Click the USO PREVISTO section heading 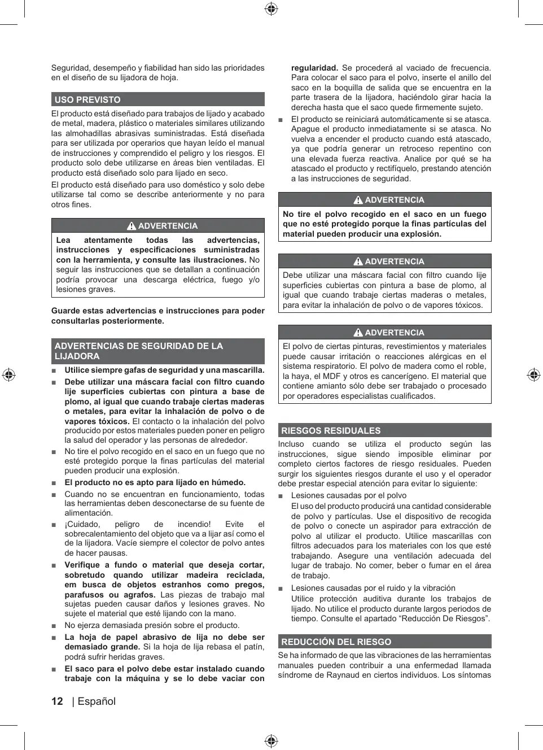[x=87, y=100]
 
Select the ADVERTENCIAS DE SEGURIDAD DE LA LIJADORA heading [x=138, y=351]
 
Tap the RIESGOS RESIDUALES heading [x=331, y=430]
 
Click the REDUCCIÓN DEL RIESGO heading [x=336, y=642]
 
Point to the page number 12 [x=57, y=701]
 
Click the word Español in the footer [x=97, y=701]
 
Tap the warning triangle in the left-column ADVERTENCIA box [x=132, y=226]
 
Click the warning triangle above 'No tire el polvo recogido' [x=358, y=200]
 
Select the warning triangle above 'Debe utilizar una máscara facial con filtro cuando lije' [x=358, y=261]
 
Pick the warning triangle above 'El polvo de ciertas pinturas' [x=358, y=333]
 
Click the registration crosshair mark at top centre [x=271, y=8]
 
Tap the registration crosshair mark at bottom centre [x=271, y=741]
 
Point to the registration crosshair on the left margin [x=8, y=375]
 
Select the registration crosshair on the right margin [x=533, y=375]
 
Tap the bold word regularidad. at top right [x=314, y=68]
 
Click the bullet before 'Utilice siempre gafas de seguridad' [x=54, y=370]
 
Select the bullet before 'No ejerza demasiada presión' [x=54, y=626]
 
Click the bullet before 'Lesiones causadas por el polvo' [x=281, y=496]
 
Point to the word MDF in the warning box [x=331, y=376]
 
